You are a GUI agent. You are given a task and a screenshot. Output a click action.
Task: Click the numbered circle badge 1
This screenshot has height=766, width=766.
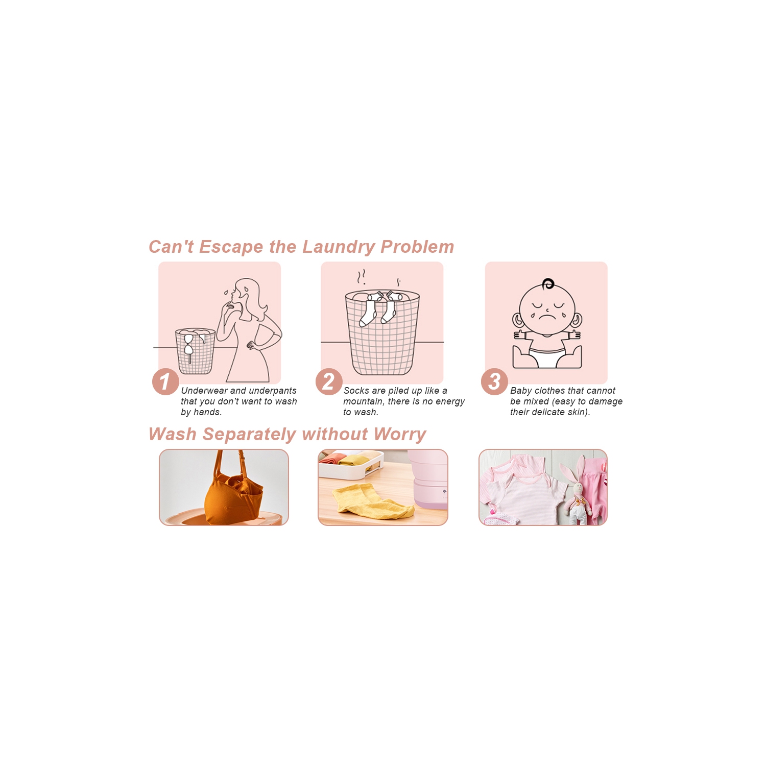[x=165, y=381]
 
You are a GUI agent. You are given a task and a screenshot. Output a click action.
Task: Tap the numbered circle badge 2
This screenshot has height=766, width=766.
[x=329, y=381]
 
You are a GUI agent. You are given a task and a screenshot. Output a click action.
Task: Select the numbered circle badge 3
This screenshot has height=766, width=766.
[x=494, y=381]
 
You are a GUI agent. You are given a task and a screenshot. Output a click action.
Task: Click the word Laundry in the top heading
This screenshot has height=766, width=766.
[x=339, y=247]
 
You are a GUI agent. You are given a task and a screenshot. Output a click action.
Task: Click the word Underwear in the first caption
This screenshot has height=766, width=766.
[x=204, y=391]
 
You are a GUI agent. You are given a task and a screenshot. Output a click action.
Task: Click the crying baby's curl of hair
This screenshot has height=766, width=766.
[x=548, y=283]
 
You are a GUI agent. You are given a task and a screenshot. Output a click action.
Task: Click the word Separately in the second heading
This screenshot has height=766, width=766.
[x=249, y=435]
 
